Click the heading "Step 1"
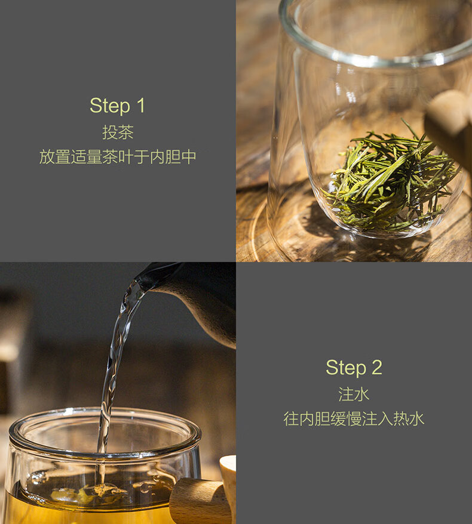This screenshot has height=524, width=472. (118, 106)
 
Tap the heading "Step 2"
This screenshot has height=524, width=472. (354, 368)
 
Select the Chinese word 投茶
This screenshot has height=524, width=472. (118, 132)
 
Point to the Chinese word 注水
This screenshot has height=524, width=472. (354, 394)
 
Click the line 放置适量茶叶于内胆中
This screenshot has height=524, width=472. (118, 157)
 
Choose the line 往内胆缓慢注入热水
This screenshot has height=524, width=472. (354, 419)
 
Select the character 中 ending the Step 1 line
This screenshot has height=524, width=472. (189, 157)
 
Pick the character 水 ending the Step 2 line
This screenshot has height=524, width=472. (417, 419)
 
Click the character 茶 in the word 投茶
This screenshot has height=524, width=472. (126, 132)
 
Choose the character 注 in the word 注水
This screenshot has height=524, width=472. (346, 394)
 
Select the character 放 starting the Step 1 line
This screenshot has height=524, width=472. (47, 157)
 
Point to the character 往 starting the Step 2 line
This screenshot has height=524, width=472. (291, 419)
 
